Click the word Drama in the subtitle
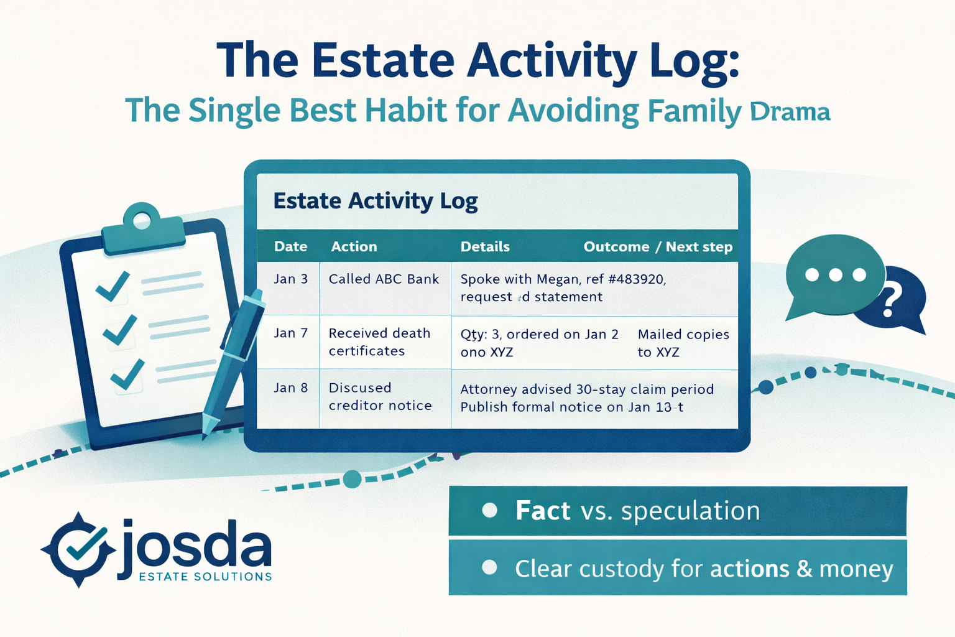790,112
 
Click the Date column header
290,246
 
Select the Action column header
354,246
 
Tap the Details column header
485,246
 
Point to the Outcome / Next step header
657,246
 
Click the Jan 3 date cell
290,279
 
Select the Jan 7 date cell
290,333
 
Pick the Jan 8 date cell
290,388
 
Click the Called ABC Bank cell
384,279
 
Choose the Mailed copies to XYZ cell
683,343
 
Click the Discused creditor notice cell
379,396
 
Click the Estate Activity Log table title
376,201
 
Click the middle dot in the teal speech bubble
835,274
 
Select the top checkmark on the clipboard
113,286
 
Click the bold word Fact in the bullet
542,511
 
